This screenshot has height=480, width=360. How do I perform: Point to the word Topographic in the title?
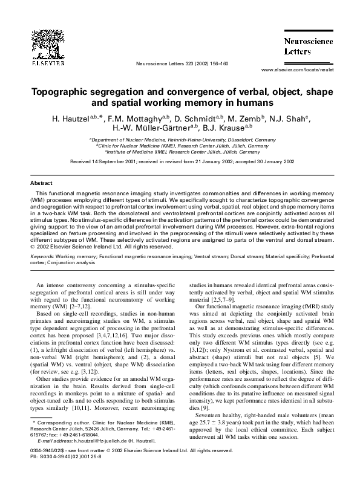pos(64,92)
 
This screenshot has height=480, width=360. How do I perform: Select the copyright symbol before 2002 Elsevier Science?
pos(33,246)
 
